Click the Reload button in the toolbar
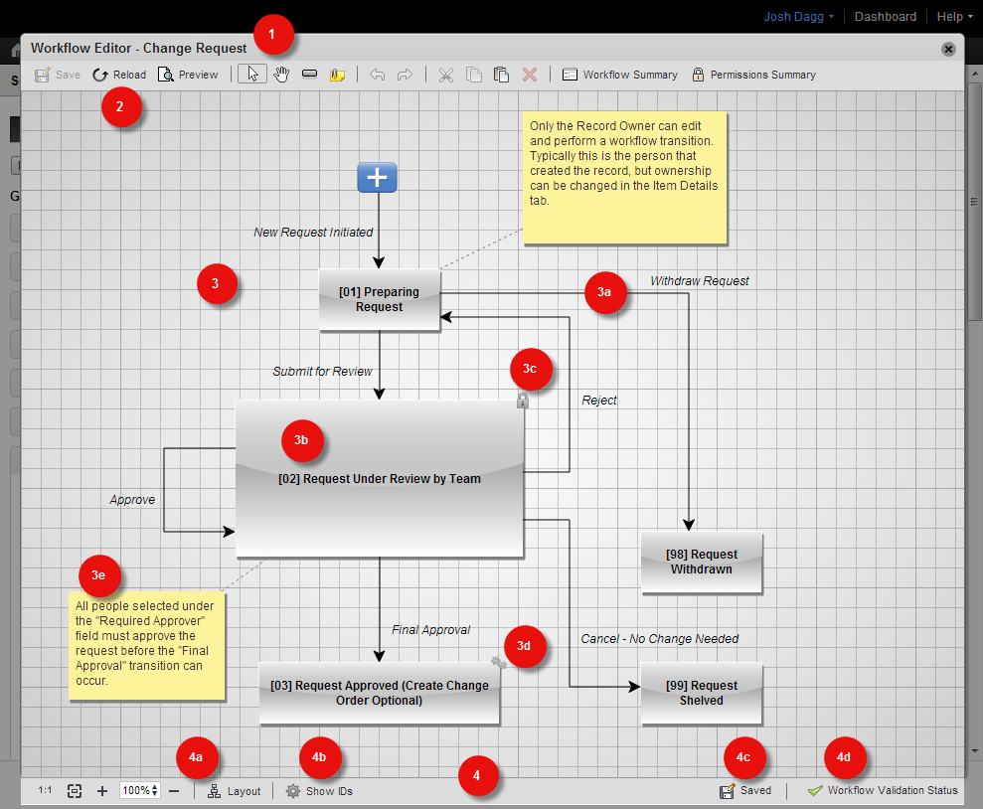coord(119,75)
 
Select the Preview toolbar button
coord(188,75)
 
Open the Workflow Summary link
coord(620,75)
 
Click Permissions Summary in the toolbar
coord(753,75)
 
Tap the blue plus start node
coord(377,177)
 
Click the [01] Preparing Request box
coord(380,299)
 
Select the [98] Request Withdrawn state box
coord(701,563)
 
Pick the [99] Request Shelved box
coord(701,693)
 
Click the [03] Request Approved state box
coord(380,693)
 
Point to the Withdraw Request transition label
coord(700,280)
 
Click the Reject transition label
coord(599,401)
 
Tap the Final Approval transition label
coord(430,630)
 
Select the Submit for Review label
coord(322,371)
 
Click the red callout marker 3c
coord(531,369)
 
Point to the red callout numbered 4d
coord(845,757)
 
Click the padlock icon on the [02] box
coord(522,400)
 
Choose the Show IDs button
coord(320,791)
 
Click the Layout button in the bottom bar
coord(234,791)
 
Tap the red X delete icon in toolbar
coord(530,75)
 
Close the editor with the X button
coord(948,49)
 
